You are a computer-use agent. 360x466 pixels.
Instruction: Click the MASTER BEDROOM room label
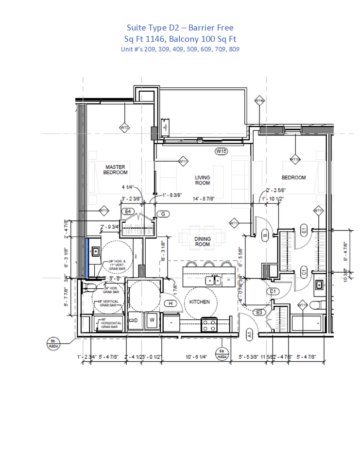(116, 169)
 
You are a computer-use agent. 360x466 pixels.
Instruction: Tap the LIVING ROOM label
(203, 180)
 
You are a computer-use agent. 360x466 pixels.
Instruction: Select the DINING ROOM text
(202, 241)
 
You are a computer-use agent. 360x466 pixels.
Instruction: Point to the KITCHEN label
(200, 302)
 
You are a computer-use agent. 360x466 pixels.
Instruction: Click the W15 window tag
(221, 151)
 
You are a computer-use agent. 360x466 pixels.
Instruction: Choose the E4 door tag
(129, 212)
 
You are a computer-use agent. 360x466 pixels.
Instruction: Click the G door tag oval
(163, 214)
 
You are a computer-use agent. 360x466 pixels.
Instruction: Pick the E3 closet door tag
(259, 312)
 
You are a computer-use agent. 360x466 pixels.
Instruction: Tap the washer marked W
(152, 320)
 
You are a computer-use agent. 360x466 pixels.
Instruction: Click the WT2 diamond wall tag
(125, 128)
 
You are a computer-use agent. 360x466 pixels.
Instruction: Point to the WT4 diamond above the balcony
(259, 101)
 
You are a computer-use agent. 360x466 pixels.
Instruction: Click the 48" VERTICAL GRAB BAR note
(109, 303)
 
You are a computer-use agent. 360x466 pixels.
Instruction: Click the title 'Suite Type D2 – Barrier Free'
(180, 28)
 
